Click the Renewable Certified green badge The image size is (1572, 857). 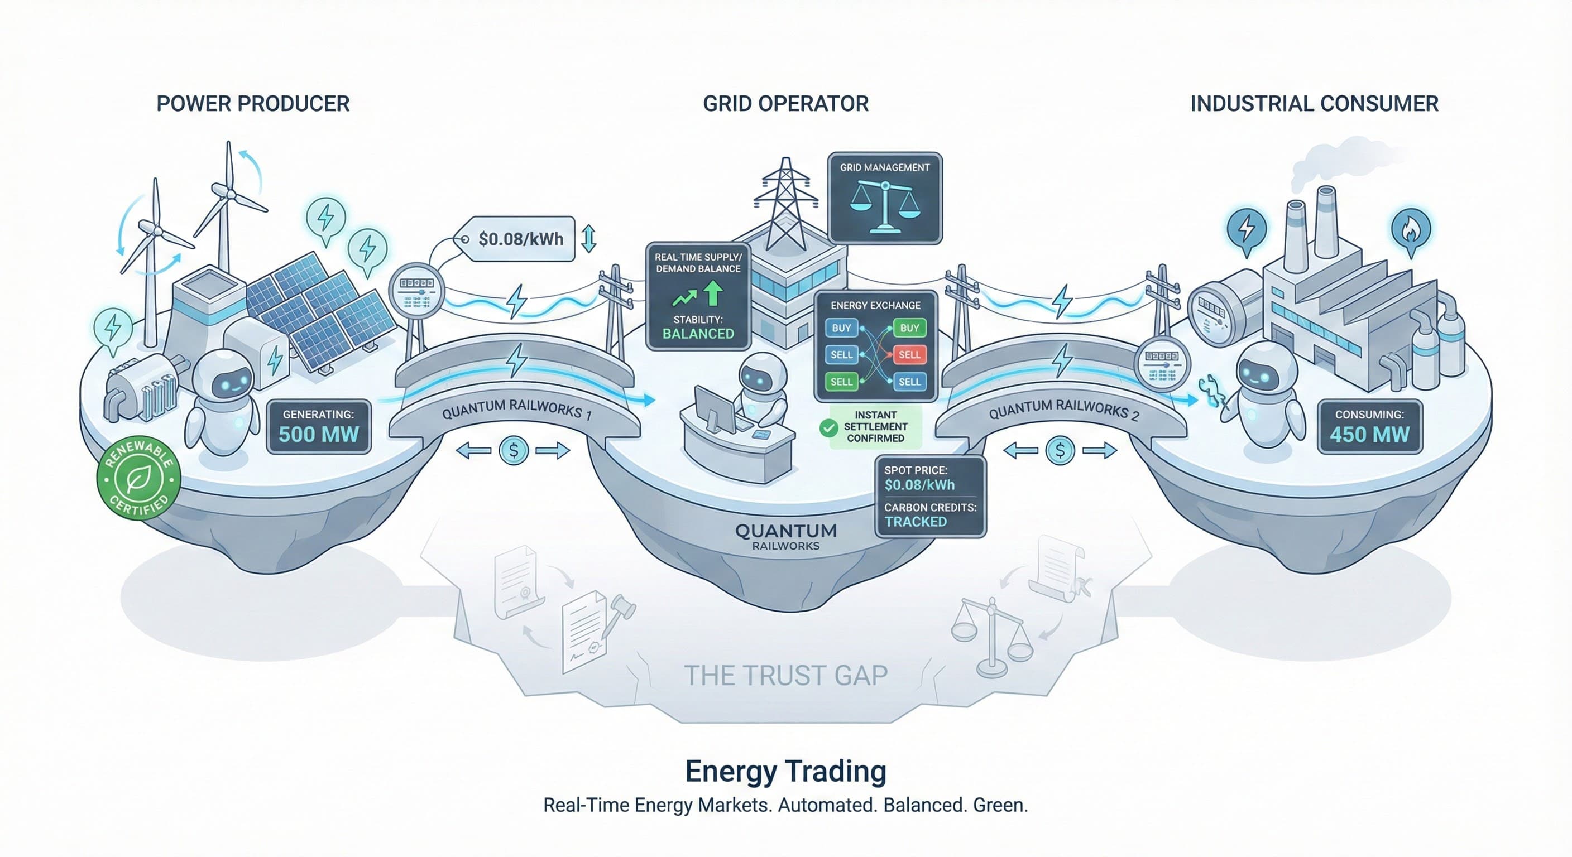click(138, 478)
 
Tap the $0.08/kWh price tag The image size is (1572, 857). click(520, 239)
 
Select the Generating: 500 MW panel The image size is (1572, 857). click(319, 426)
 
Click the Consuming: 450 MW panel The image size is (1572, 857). click(1369, 426)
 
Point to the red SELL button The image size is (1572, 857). click(909, 354)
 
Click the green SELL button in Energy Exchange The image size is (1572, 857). click(841, 382)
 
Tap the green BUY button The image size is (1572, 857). click(909, 328)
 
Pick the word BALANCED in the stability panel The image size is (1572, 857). click(698, 334)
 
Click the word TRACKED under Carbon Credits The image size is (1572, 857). click(916, 522)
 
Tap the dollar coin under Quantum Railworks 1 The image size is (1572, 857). click(513, 451)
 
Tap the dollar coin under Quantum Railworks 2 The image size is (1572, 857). click(1060, 451)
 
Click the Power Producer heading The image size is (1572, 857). click(253, 104)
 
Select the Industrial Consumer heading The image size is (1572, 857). click(1315, 104)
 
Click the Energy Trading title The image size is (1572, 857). click(785, 771)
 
